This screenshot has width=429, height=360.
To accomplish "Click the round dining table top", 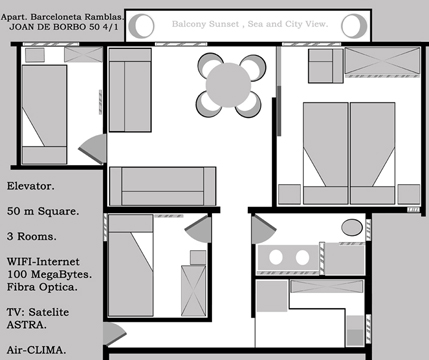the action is (228, 85).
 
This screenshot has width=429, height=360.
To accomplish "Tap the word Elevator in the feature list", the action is (31, 186).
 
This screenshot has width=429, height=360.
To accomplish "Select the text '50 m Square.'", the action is (43, 211).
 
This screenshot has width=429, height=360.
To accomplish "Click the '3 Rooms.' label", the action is (32, 236).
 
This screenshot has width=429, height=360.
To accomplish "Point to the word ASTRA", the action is (27, 325).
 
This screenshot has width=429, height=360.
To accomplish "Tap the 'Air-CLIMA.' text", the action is (36, 350).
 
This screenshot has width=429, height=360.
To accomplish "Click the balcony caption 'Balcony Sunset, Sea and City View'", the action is (250, 24).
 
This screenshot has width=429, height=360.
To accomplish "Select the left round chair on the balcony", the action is (142, 26).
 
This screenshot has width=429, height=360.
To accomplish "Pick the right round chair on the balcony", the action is (354, 26).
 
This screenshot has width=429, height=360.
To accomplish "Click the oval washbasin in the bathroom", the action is (352, 228).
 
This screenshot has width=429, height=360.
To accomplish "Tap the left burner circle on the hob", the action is (276, 257).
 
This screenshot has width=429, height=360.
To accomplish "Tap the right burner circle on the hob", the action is (302, 257).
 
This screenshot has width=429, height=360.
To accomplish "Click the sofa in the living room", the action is (163, 186).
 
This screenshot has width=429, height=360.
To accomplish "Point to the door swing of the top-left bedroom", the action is (95, 148).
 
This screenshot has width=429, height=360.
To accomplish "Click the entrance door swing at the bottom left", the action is (113, 333).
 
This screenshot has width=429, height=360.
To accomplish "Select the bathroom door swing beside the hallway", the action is (262, 229).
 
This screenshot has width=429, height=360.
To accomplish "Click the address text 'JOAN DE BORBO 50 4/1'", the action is (64, 27).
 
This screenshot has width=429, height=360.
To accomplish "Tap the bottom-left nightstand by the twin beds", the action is (289, 194).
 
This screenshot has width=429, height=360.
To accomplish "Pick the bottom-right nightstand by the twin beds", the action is (409, 194).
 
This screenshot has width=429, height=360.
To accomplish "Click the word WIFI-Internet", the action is (43, 261).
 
